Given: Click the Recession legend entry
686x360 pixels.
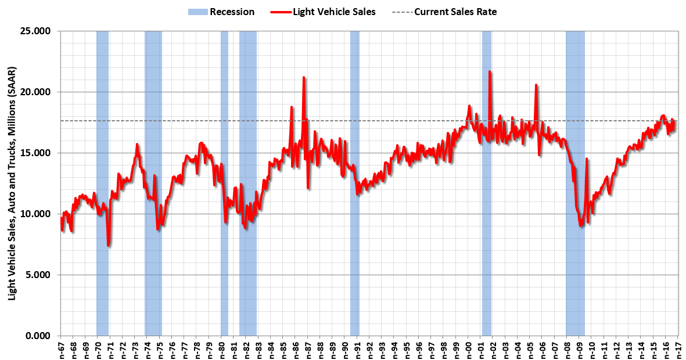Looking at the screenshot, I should [221, 12].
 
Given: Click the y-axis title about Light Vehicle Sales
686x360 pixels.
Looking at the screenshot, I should [12, 183].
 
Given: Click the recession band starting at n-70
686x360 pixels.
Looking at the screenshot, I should [102, 174].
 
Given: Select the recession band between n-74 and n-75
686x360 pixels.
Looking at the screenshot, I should [153, 174].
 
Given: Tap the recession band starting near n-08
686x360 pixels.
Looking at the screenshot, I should [575, 174].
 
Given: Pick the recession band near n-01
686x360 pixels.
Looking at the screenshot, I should [486, 174].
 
